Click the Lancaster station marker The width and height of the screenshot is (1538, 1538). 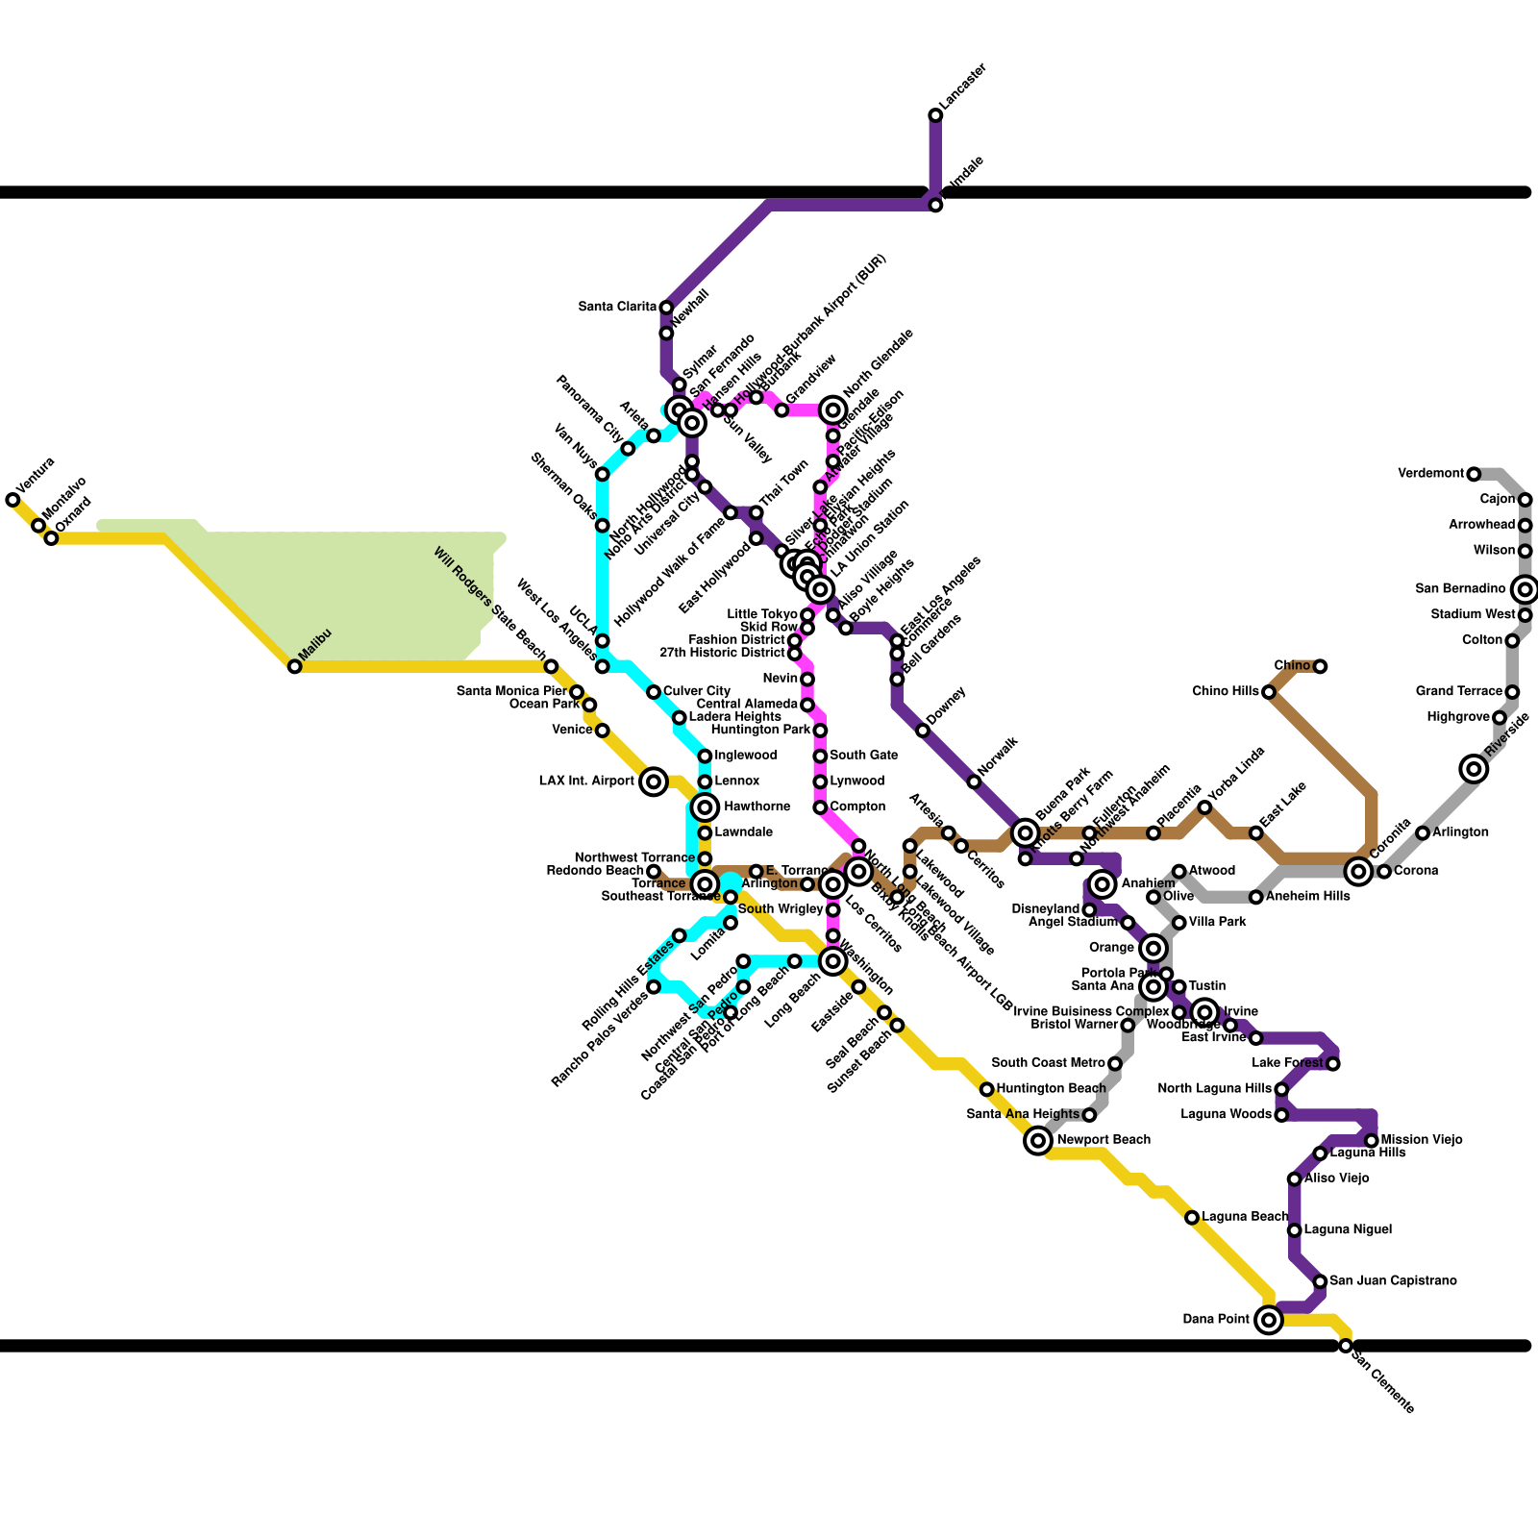click(935, 115)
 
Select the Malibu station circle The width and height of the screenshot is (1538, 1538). click(295, 666)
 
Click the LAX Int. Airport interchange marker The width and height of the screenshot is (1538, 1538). click(654, 781)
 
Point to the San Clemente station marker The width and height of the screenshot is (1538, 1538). click(1346, 1346)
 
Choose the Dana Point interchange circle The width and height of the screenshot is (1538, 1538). click(1269, 1320)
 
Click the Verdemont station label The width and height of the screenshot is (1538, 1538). click(1430, 474)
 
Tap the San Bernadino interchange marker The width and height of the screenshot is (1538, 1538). click(1525, 589)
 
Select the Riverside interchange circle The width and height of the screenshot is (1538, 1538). click(1474, 768)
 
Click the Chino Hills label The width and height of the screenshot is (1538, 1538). click(1225, 692)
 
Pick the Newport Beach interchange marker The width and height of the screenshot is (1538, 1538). click(1038, 1140)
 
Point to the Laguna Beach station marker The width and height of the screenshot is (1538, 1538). click(1192, 1218)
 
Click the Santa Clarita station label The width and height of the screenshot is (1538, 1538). click(617, 308)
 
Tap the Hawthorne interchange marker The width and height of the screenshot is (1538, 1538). click(706, 806)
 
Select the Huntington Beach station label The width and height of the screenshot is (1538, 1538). click(1051, 1089)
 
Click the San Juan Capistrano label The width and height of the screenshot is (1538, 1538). click(1393, 1281)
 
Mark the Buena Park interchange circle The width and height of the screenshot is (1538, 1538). click(1026, 832)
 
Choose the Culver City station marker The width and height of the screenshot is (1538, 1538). click(654, 692)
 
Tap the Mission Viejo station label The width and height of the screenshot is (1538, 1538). click(1421, 1140)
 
